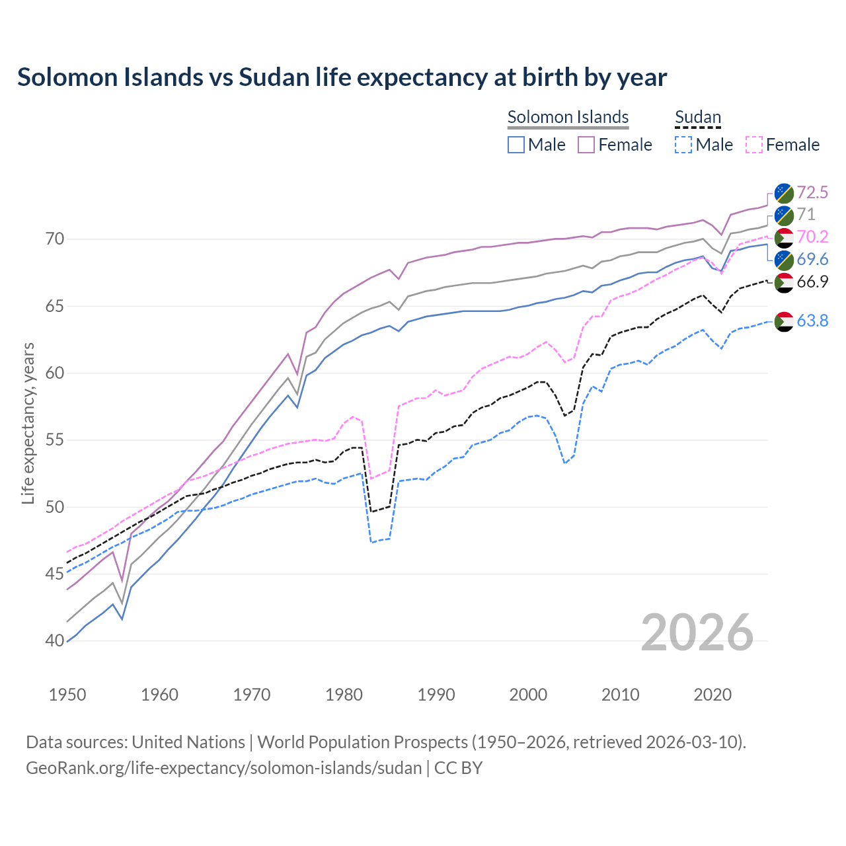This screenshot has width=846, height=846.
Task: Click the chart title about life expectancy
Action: pos(342,77)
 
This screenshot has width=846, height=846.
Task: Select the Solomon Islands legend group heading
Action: pos(568,117)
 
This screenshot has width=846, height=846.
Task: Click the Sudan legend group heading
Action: pos(697,117)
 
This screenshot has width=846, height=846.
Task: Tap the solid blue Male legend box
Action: pos(516,145)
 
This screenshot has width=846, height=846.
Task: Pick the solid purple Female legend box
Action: pos(586,145)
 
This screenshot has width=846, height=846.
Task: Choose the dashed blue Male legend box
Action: pos(683,145)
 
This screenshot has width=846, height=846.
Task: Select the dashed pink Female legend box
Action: pos(754,145)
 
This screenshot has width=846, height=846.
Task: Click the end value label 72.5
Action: pos(812,192)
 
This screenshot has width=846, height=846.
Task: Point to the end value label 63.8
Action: pos(812,321)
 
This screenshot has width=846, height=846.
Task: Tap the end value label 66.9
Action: pos(812,282)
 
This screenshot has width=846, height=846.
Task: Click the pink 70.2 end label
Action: pos(812,237)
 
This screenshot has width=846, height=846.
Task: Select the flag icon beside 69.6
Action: pos(784,260)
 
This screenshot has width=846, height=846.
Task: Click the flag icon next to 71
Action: pos(784,215)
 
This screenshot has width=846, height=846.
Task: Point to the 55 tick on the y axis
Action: pos(56,440)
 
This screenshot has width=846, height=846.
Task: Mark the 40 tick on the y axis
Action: pos(56,641)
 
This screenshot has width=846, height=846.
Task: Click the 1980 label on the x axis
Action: pos(344,695)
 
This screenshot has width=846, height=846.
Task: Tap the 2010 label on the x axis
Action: pos(620,695)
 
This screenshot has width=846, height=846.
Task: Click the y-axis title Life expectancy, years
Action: pos(28,423)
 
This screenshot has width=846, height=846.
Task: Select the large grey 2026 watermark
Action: pos(697,633)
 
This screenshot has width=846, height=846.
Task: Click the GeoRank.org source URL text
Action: pos(223,768)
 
